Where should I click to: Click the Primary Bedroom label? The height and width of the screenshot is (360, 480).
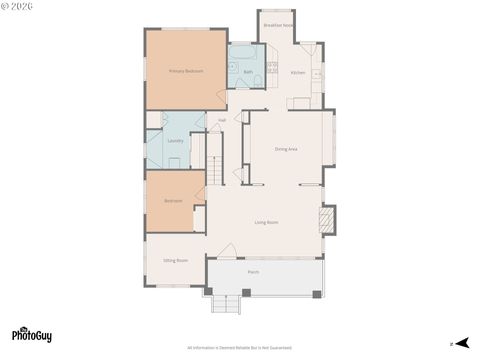pos(186,71)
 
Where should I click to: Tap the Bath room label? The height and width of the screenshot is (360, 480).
pos(248,72)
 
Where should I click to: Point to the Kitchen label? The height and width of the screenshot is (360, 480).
pos(297,73)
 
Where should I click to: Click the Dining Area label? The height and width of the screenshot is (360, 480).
pos(286,149)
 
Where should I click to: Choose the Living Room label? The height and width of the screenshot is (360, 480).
pos(265,222)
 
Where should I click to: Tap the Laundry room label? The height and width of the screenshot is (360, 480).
pos(175,141)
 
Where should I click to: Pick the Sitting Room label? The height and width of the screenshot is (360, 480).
pos(176,260)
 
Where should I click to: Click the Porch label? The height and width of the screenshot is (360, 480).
pos(254,271)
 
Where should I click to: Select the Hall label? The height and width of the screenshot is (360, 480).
pos(222,120)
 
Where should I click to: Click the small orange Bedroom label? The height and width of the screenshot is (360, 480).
pos(173,201)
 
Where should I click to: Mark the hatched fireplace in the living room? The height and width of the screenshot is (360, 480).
pos(326,218)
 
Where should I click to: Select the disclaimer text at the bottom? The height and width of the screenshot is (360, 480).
pos(240,349)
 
